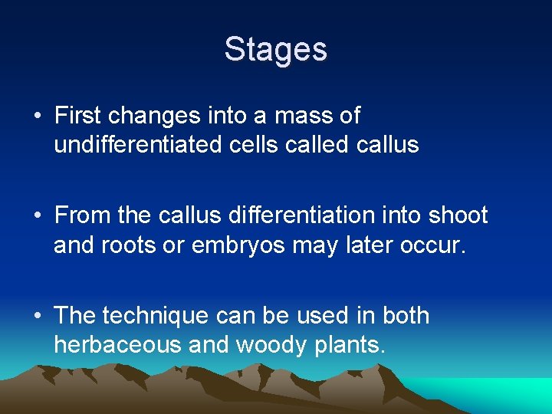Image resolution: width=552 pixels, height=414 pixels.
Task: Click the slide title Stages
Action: click(276, 50)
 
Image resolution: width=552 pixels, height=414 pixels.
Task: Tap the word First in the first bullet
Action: click(78, 116)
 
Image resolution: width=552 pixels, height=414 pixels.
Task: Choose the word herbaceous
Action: click(117, 344)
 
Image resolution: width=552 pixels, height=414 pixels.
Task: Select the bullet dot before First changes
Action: click(38, 117)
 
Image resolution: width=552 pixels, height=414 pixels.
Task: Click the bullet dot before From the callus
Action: click(38, 216)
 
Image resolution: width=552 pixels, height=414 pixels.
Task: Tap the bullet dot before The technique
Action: click(38, 316)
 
